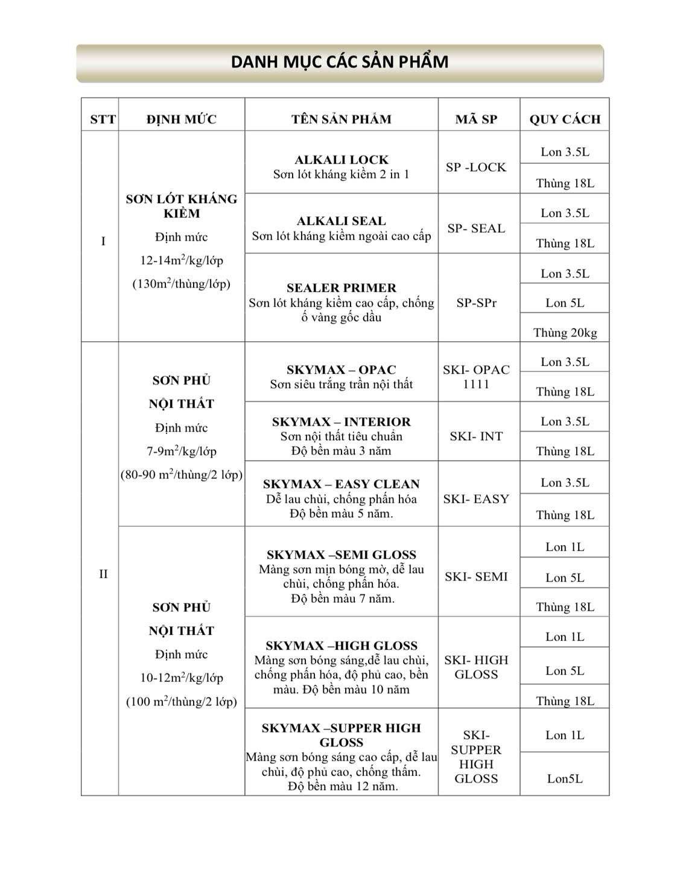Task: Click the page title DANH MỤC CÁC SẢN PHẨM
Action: pos(340,62)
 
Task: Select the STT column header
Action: pos(103,119)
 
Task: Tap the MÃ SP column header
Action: pos(476,119)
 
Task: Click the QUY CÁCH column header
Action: pos(565,119)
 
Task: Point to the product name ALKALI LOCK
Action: pos(341,160)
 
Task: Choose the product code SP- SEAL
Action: pos(476,228)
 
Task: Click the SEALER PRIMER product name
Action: pos(341,288)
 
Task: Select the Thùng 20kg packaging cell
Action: pos(565,333)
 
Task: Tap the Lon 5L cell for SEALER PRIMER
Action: pos(565,303)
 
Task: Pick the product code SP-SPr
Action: pos(476,303)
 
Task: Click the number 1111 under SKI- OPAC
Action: pos(476,385)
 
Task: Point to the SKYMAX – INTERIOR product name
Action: pos(341,422)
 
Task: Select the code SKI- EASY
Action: pos(476,499)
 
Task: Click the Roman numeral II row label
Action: pos(103,574)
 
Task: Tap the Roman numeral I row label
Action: pos(103,242)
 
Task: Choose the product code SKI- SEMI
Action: pos(476,577)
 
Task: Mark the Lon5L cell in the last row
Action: pos(565,779)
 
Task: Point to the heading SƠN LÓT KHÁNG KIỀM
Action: pos(182,206)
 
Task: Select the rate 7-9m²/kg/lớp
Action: pos(182,452)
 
